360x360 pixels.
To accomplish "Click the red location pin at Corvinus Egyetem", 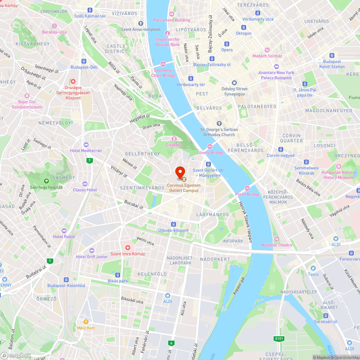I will click(180, 172).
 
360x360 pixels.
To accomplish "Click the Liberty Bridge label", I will click(210, 153).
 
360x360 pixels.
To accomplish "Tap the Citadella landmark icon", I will click(174, 139).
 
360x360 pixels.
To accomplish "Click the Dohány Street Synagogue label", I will click(234, 91).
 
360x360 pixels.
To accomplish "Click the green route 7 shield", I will click(89, 161).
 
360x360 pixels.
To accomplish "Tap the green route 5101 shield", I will click(279, 338).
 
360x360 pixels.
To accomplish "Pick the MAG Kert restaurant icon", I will click(86, 322).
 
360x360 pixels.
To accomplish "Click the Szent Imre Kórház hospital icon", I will click(127, 248).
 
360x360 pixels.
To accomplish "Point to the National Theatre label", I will click(277, 245).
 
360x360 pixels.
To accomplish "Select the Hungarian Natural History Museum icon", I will click(338, 166).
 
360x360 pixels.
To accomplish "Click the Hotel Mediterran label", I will click(86, 150).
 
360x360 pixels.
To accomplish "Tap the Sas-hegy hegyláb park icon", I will click(46, 181).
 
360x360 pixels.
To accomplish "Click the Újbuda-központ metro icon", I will click(174, 224).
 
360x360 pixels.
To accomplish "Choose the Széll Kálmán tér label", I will click(90, 16).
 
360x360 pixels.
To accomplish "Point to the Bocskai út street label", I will click(134, 204).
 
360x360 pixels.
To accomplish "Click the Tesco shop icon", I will click(313, 268).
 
